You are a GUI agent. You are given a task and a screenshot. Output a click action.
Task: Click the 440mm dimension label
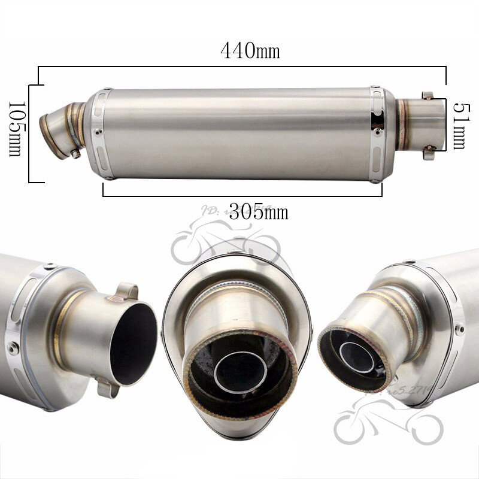point(250,51)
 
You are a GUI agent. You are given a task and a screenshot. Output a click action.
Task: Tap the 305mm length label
point(259,211)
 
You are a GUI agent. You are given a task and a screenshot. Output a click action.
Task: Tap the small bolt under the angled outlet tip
point(75,153)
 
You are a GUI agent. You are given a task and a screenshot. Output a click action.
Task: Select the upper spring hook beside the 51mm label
point(428,96)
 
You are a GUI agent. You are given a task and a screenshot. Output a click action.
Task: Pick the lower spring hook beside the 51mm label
point(429,154)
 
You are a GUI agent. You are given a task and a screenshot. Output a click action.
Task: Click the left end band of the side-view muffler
point(102,133)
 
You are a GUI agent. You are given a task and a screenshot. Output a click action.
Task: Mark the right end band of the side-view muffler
point(378,133)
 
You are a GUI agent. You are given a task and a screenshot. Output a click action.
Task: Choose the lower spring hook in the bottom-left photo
point(107,389)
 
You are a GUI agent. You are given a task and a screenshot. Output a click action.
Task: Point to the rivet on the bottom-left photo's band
point(13,347)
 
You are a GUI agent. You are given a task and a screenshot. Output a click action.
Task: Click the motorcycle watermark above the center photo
point(225,242)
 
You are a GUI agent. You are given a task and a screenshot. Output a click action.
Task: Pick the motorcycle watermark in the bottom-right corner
point(389,422)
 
